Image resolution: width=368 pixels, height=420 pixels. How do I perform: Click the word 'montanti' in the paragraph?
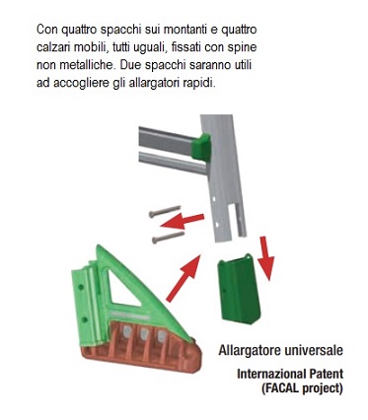(184, 30)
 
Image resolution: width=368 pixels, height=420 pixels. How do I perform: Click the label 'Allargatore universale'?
(281, 350)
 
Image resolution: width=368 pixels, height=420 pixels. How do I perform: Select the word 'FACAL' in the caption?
(280, 388)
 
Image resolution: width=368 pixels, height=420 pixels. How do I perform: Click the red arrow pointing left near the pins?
(182, 221)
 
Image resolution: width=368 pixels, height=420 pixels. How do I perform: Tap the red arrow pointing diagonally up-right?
(184, 278)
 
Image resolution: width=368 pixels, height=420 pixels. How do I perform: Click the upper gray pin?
(165, 211)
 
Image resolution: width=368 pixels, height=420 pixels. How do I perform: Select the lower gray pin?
(168, 238)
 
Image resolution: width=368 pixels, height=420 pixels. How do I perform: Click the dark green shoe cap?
(240, 289)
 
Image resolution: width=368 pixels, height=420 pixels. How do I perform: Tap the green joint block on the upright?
(201, 147)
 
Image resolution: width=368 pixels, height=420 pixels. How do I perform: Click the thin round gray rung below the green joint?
(173, 164)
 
